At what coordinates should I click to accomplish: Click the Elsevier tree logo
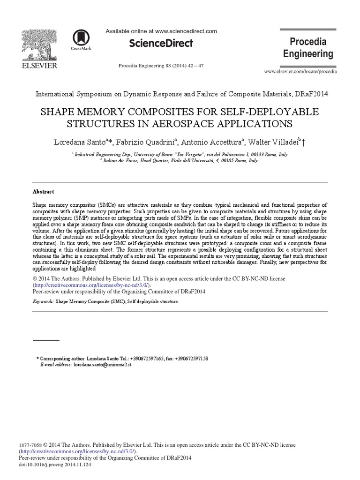40,44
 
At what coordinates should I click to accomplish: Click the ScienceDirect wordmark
160,44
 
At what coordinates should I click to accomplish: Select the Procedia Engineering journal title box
308,48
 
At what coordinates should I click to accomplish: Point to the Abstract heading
43,192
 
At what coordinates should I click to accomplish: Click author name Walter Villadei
271,141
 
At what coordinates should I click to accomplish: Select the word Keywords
43,302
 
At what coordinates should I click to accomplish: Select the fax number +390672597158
192,358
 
